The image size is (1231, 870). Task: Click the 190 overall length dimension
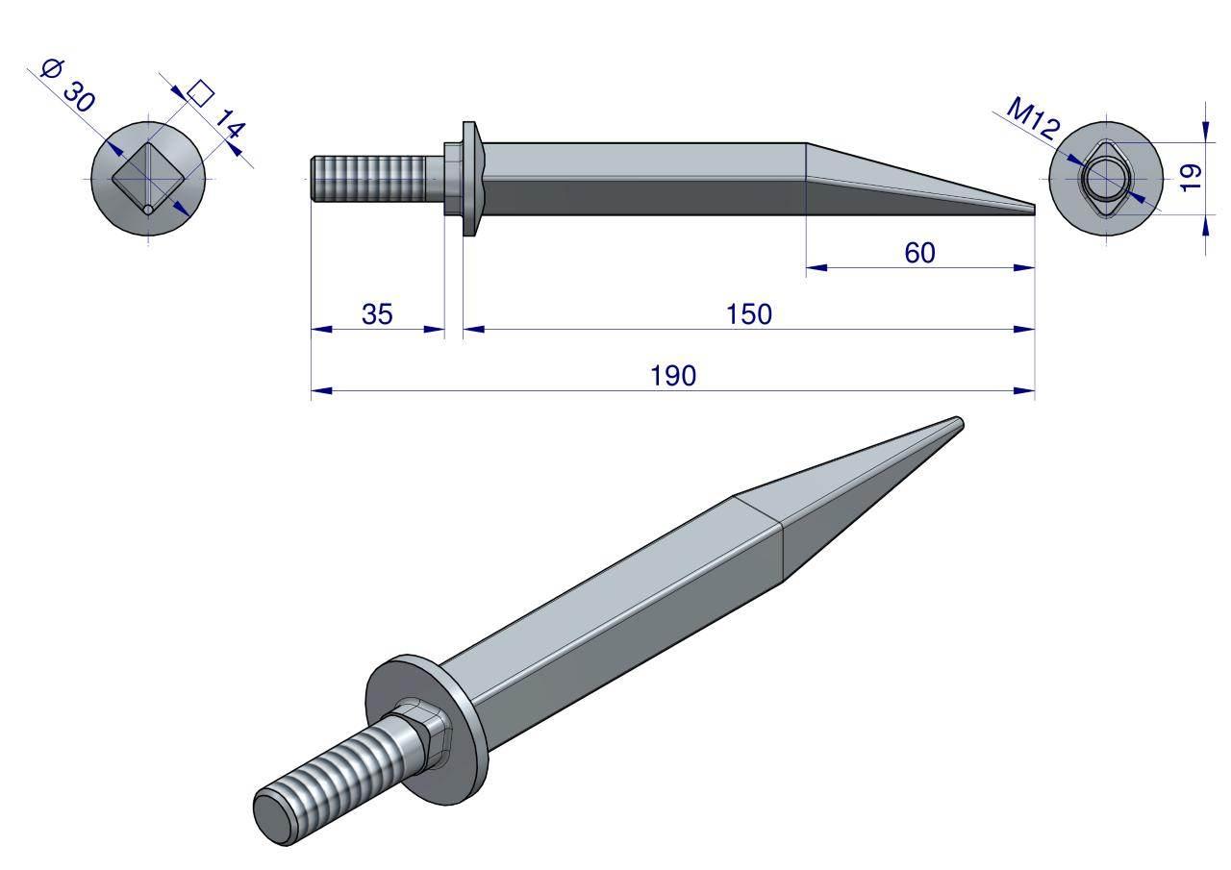[672, 376]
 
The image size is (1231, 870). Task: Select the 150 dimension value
[748, 314]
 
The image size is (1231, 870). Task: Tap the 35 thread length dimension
[377, 314]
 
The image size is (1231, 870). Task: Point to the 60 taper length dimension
[919, 253]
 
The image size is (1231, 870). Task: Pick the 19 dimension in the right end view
[1191, 178]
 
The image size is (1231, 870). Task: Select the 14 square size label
[230, 124]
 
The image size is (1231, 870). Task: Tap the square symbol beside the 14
[201, 93]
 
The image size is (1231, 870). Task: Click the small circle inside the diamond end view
[148, 210]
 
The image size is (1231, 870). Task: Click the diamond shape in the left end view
[148, 179]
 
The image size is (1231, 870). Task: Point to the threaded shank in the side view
[368, 179]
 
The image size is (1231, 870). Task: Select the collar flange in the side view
[470, 179]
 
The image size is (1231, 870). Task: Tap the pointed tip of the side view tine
[1034, 210]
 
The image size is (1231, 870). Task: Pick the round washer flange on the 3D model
[426, 731]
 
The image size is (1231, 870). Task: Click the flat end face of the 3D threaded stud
[273, 819]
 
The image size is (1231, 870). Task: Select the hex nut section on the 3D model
[425, 731]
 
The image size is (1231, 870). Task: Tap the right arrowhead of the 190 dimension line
[1024, 391]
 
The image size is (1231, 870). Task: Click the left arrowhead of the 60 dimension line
[817, 268]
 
